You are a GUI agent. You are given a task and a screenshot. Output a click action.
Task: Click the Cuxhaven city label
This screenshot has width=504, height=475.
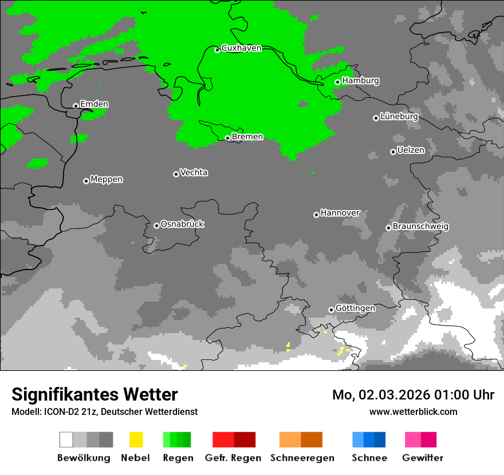(x=241, y=48)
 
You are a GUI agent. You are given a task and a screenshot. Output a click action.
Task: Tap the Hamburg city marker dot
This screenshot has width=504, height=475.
(x=337, y=82)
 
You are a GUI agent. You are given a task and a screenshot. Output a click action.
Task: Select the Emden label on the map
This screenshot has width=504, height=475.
(x=94, y=104)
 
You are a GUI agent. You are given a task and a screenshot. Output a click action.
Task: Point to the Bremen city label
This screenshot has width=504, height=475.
(x=247, y=137)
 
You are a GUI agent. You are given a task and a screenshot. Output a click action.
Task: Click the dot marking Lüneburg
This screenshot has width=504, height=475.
(x=376, y=118)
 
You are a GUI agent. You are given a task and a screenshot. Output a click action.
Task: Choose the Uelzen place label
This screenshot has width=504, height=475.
(x=411, y=150)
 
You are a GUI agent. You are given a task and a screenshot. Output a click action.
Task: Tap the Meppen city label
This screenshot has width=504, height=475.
(x=107, y=179)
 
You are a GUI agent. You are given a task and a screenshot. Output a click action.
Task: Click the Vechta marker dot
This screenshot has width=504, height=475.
(x=176, y=174)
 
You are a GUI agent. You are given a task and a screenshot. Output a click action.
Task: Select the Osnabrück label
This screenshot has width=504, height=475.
(x=182, y=224)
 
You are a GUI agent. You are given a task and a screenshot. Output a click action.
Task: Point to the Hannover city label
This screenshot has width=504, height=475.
(x=340, y=213)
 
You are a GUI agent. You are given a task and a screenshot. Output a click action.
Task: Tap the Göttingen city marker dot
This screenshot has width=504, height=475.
(x=331, y=310)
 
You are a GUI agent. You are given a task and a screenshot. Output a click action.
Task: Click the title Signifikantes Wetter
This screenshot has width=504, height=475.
(x=94, y=394)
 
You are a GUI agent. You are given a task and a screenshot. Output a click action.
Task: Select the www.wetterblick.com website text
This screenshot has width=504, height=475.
(x=413, y=411)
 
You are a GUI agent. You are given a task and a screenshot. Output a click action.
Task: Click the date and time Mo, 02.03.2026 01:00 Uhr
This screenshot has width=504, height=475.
(x=413, y=395)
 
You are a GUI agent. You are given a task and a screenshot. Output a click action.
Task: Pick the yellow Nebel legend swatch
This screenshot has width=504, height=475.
(x=136, y=440)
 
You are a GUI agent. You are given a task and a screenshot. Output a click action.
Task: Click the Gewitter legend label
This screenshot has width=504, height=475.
(x=422, y=458)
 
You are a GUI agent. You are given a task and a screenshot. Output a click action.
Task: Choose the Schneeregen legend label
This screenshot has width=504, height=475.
(x=302, y=458)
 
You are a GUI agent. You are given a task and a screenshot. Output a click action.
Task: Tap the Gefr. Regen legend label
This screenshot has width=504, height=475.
(x=233, y=458)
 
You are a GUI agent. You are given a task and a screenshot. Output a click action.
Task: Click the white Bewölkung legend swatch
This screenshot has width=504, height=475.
(x=66, y=440)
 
